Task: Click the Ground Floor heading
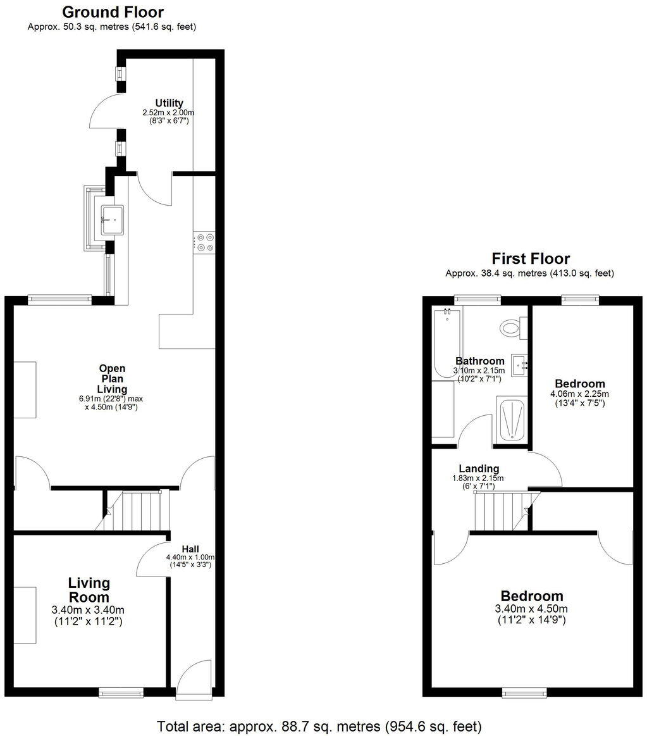coord(113,12)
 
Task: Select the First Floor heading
coord(531,258)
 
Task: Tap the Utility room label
coord(169,103)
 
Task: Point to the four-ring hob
coord(204,243)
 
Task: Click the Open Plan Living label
coord(112,378)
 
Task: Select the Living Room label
coord(89,589)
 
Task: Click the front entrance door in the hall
coord(193,677)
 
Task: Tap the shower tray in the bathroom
coord(512,419)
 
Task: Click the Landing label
coord(479,468)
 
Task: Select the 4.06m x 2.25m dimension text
coord(579,393)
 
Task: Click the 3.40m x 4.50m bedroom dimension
coord(531,609)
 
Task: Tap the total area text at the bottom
coord(319,725)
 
